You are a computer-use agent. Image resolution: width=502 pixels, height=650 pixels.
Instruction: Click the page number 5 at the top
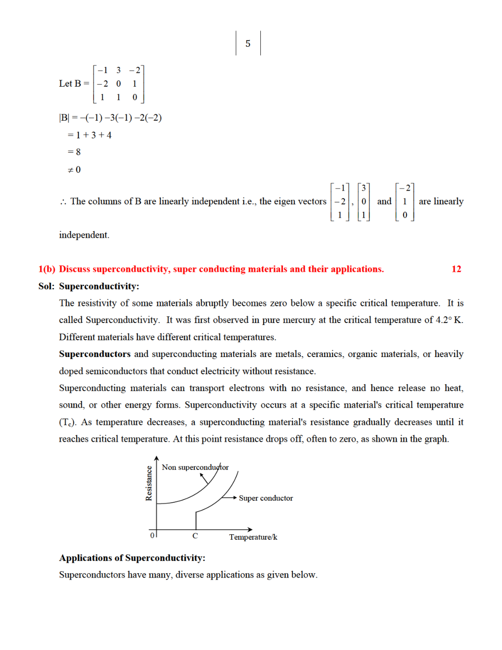pyautogui.click(x=248, y=44)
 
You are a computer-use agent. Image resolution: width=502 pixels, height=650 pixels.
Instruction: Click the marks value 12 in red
pyautogui.click(x=456, y=269)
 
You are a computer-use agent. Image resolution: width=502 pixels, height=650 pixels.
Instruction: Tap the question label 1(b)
pyautogui.click(x=47, y=269)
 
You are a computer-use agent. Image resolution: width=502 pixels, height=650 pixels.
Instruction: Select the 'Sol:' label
pyautogui.click(x=46, y=286)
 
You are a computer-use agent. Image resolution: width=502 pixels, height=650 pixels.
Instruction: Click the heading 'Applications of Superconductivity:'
pyautogui.click(x=132, y=558)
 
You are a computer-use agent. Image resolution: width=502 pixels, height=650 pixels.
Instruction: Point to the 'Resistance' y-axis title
pyautogui.click(x=149, y=483)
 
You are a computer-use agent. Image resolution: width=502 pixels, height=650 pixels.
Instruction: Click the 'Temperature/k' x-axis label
pyautogui.click(x=253, y=537)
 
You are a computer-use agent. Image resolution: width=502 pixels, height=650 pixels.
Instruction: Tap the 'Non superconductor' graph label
pyautogui.click(x=195, y=467)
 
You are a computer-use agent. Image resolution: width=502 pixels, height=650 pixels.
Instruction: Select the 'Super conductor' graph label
pyautogui.click(x=266, y=498)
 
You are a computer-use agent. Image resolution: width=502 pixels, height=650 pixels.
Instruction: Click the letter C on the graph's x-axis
pyautogui.click(x=195, y=536)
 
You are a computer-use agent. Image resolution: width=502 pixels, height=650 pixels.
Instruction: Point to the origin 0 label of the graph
pyautogui.click(x=152, y=535)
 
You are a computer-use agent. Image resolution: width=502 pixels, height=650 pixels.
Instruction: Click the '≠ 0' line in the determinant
pyautogui.click(x=74, y=170)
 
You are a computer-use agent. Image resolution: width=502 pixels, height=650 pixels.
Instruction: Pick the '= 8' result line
pyautogui.click(x=74, y=152)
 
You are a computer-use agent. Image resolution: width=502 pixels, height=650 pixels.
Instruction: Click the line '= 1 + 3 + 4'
pyautogui.click(x=89, y=135)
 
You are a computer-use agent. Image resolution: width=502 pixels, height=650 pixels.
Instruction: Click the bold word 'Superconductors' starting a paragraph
pyautogui.click(x=94, y=354)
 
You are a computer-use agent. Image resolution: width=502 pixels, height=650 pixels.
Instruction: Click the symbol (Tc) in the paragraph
pyautogui.click(x=67, y=422)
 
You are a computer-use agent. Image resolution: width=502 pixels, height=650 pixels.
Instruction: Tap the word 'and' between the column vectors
pyautogui.click(x=384, y=201)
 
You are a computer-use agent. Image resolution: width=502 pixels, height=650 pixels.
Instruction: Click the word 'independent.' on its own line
pyautogui.click(x=84, y=235)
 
